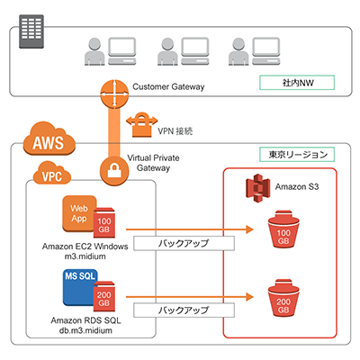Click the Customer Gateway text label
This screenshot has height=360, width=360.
(x=167, y=87)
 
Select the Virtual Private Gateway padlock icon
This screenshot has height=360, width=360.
(x=115, y=169)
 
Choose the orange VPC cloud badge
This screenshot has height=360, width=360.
(x=55, y=174)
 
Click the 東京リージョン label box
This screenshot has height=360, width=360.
(x=295, y=155)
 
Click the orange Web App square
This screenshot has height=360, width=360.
(x=78, y=214)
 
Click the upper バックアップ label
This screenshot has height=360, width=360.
(x=184, y=243)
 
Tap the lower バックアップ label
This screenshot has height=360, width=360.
(x=184, y=310)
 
